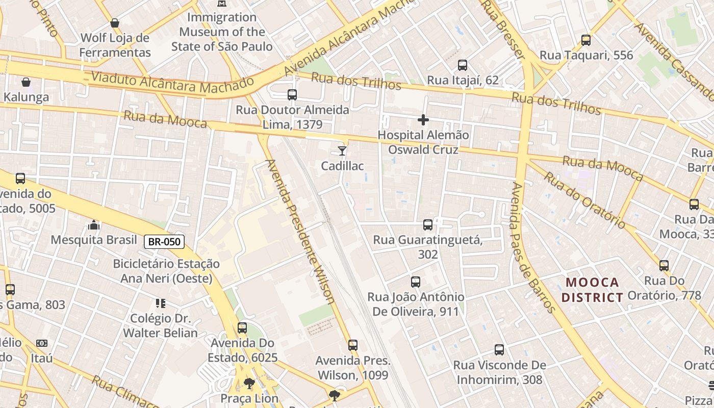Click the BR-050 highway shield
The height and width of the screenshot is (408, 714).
[x=164, y=241]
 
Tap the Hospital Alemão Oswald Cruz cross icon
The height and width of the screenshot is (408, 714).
[x=423, y=120]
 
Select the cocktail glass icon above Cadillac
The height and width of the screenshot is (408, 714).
[x=342, y=150]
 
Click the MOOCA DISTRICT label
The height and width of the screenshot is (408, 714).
[x=593, y=290]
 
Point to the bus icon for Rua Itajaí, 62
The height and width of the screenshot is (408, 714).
[x=463, y=65]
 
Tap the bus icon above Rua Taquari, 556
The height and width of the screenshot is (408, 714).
[x=586, y=40]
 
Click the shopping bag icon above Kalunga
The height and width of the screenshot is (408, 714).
[x=26, y=82]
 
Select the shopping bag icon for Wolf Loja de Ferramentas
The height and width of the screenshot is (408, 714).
[x=115, y=23]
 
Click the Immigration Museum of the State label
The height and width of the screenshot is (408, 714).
[x=222, y=32]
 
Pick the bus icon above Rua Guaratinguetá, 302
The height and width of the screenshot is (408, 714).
[x=428, y=225]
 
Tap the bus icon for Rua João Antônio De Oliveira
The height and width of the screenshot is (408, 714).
[x=416, y=282]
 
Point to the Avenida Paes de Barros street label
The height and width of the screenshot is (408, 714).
[x=532, y=247]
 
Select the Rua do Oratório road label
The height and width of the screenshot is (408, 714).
[x=584, y=200]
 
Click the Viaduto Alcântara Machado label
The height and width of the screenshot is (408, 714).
[x=172, y=83]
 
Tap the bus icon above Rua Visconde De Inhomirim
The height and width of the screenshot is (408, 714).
[x=499, y=350]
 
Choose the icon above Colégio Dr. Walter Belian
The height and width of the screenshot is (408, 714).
[x=161, y=303]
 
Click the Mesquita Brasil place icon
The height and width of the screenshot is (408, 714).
[x=94, y=225]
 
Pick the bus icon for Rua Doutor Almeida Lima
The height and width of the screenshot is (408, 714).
[x=292, y=95]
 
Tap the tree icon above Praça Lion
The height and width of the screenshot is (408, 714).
[x=249, y=384]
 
